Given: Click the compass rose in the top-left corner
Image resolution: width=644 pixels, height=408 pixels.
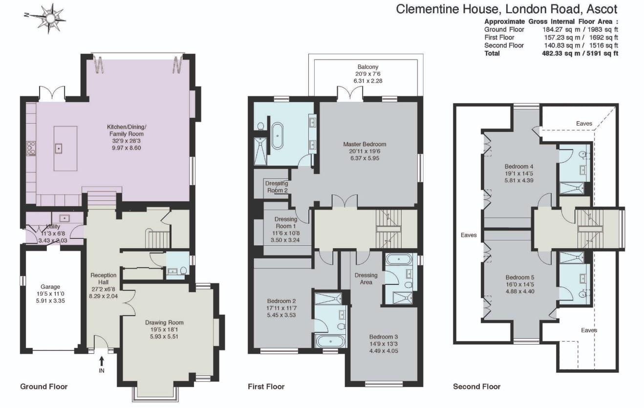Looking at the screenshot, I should point(49,19).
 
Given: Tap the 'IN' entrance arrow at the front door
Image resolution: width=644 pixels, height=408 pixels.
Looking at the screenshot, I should point(102,365).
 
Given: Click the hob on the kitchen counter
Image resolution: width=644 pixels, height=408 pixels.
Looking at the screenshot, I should point(30,148).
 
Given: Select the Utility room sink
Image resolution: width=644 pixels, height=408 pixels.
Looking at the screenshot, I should point(64,218).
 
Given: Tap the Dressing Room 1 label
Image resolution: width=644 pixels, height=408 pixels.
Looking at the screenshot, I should point(285,226).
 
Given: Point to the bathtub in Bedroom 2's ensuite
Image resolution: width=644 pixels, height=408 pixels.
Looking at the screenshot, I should point(328,341).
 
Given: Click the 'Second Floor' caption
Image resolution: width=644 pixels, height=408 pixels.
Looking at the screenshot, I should point(476,387).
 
